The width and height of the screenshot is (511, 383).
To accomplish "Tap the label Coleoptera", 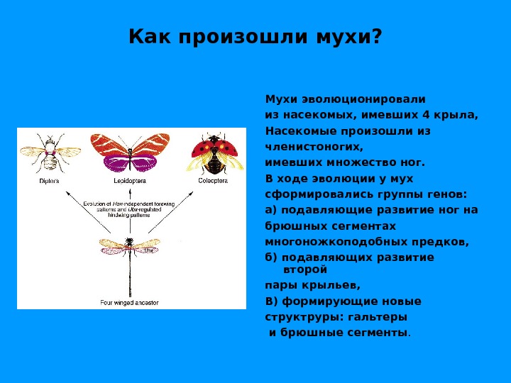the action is pos(211,181).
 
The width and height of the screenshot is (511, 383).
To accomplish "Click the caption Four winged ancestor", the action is pos(129,302).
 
